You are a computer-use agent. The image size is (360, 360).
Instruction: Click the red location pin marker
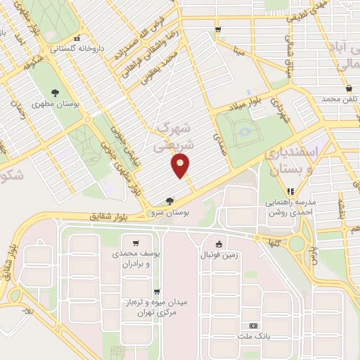pos(181,166)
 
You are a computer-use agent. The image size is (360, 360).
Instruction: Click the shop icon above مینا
pos(218,29)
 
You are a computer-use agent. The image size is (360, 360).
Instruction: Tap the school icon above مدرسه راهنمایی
pos(290,191)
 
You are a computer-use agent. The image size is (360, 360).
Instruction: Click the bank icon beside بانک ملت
pos(252,326)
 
